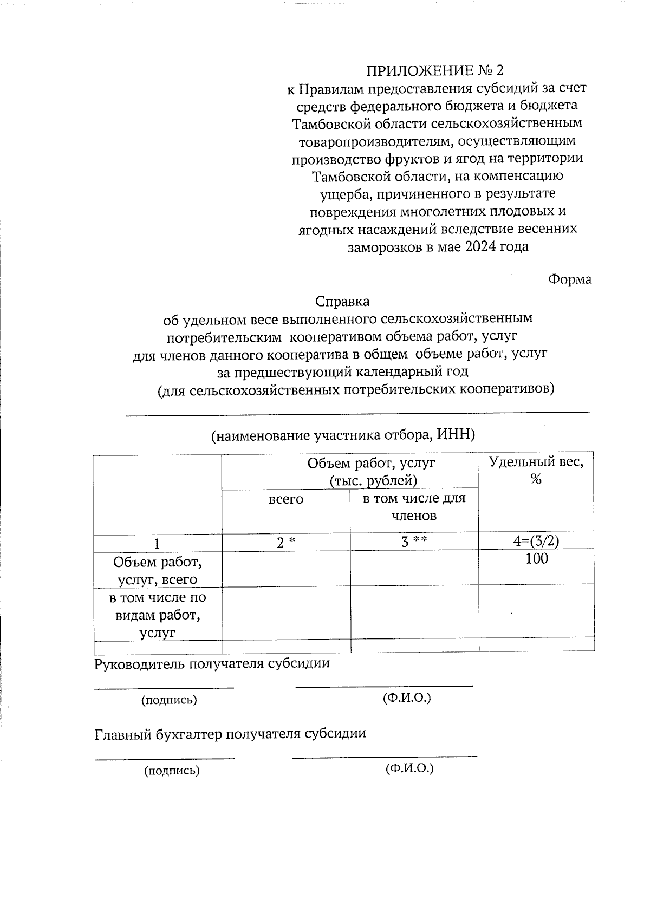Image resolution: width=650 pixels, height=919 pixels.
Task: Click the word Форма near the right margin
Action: tap(569, 279)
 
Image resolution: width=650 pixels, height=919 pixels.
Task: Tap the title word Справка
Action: tap(342, 301)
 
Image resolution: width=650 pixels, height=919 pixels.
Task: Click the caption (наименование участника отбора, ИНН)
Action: tap(343, 435)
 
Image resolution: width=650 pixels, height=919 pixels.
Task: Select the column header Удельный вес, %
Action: tap(536, 470)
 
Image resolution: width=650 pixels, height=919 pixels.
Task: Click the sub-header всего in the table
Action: tap(286, 499)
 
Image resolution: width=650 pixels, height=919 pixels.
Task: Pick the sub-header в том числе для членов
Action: tap(414, 506)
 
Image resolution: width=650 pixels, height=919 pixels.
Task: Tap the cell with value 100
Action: tap(536, 559)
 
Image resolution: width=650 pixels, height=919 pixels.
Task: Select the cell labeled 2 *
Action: tap(286, 542)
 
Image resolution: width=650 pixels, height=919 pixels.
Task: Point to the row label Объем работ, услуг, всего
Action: tap(157, 570)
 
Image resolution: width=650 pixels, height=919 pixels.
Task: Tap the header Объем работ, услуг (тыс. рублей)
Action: tap(371, 471)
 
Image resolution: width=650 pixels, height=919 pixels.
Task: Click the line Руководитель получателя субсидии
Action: tap(212, 663)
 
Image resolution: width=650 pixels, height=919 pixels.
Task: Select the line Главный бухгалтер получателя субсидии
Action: tap(230, 734)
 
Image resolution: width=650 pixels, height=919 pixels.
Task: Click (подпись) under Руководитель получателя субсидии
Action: tap(169, 700)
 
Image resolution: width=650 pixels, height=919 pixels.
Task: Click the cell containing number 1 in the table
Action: tap(157, 543)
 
